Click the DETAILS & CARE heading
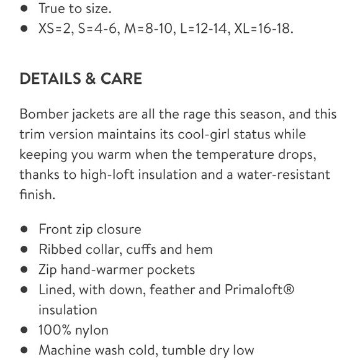(x=81, y=79)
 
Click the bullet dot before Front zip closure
(x=24, y=229)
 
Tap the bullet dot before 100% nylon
(x=24, y=330)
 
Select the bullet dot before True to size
(x=24, y=9)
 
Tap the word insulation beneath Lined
(x=68, y=310)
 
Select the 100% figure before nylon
(x=54, y=330)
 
